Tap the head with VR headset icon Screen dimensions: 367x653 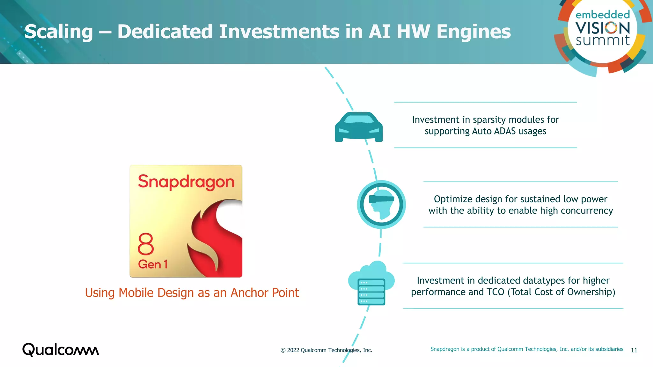(x=381, y=205)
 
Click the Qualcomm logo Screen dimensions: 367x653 (x=61, y=350)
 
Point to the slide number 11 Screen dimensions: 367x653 (x=634, y=350)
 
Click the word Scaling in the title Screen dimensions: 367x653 (x=59, y=32)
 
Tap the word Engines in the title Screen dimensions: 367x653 (x=473, y=32)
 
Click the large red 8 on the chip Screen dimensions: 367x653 (x=146, y=244)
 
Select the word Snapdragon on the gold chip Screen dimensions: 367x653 (x=186, y=182)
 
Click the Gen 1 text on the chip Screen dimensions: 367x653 (x=153, y=264)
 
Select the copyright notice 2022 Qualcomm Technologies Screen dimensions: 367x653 (x=326, y=350)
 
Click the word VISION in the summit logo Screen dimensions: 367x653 (x=603, y=28)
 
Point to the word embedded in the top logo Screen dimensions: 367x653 (x=603, y=15)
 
